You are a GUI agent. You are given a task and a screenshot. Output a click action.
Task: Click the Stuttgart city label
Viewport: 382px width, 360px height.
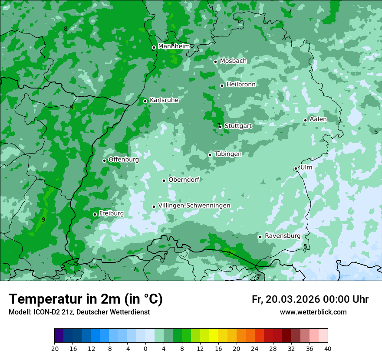[238, 126]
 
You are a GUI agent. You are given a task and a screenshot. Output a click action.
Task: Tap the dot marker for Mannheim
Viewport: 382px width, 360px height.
[154, 48]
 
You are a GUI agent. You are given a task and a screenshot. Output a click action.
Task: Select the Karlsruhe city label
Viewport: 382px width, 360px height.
[164, 100]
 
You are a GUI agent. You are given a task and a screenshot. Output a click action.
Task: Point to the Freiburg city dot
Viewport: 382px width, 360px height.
[95, 214]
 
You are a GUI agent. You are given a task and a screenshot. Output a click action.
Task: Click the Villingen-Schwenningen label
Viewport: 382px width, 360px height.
[194, 206]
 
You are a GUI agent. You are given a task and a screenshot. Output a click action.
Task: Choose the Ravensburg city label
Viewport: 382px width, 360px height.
[283, 236]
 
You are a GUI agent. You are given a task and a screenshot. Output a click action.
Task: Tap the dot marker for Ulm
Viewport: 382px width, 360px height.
[296, 168]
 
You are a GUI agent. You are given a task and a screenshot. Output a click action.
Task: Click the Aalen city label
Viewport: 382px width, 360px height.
[318, 119]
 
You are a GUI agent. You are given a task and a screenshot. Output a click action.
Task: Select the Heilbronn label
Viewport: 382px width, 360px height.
[241, 85]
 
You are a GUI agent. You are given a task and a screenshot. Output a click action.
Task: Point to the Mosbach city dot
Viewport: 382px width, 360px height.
[215, 62]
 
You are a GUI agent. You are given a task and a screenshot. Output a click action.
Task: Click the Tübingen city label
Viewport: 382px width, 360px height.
[228, 154]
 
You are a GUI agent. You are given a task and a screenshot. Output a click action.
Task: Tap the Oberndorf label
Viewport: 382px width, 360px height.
[184, 180]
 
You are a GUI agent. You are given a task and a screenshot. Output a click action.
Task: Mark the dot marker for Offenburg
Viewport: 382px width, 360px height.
[104, 160]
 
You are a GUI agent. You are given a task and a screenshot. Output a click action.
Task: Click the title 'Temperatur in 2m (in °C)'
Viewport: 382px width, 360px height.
[86, 299]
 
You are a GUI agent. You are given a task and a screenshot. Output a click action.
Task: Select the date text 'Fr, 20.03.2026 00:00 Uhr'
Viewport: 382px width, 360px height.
[310, 299]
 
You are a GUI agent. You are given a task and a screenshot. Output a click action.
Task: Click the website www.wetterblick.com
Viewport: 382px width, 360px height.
[313, 312]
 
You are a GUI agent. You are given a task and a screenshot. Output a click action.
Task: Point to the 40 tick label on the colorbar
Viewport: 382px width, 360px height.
[328, 348]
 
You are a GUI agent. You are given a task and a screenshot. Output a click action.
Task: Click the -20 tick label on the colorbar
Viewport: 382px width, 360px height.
[54, 348]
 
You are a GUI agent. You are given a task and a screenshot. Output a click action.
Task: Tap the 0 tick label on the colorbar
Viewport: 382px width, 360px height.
[145, 348]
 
